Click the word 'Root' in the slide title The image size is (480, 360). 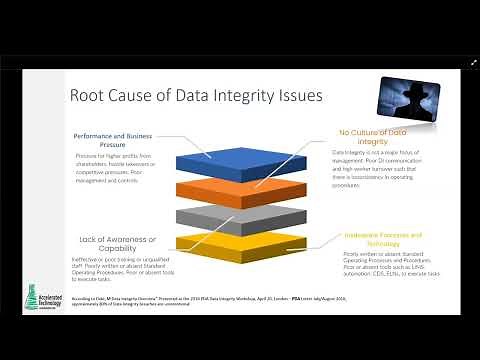coord(89,97)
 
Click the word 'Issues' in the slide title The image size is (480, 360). coord(301,97)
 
